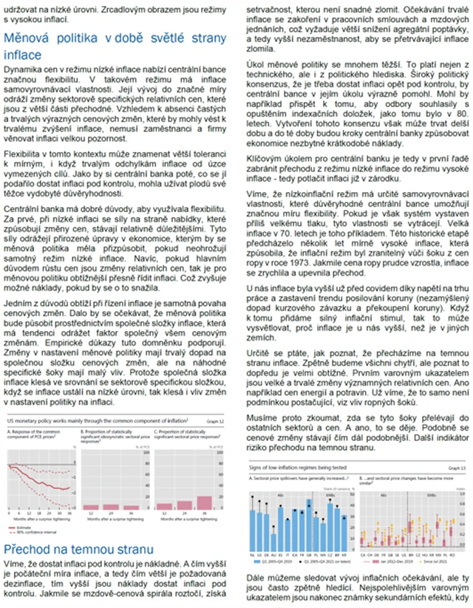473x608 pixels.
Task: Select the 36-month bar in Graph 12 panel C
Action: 208,502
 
